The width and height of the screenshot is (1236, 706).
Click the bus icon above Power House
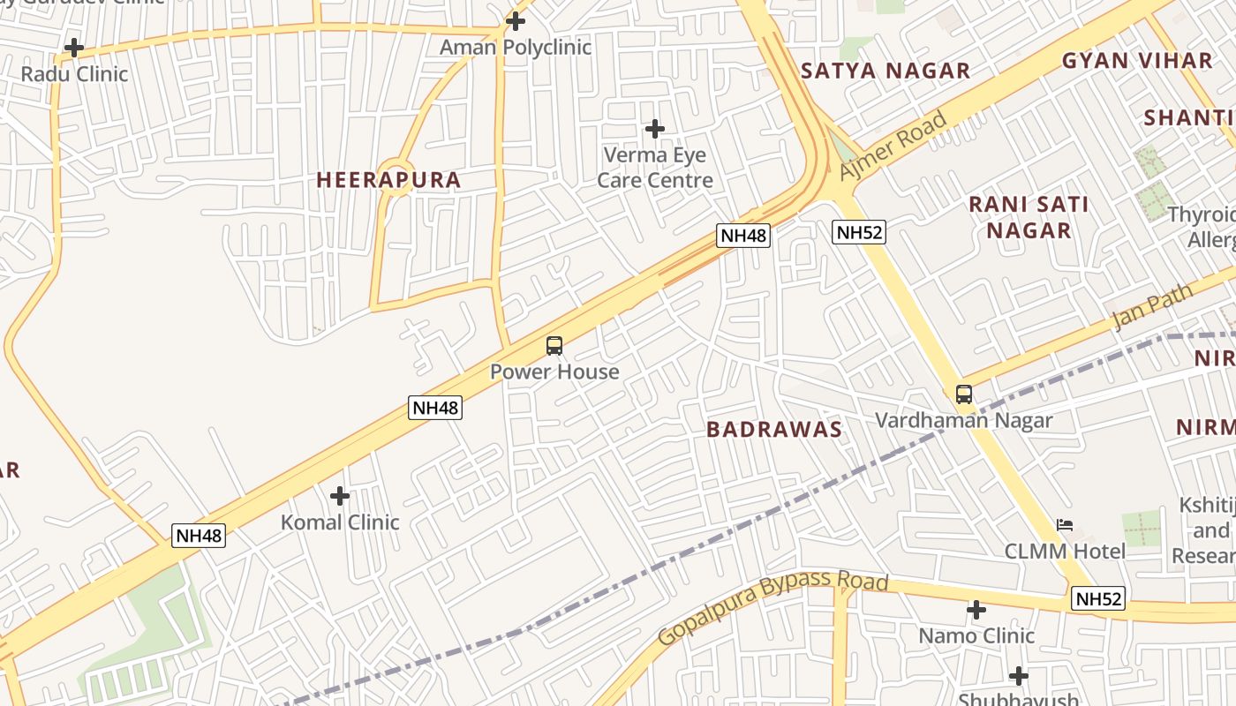point(554,346)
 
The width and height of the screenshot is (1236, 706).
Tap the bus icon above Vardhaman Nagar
point(964,394)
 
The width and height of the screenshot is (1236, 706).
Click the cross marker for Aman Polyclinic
point(516,20)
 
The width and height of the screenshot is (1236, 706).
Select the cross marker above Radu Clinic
point(74,47)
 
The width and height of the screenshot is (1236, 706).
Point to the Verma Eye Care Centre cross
point(654,129)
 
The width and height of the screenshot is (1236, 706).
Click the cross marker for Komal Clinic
point(339,496)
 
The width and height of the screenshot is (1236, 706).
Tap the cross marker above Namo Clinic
point(976,610)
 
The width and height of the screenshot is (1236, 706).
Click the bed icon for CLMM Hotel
point(1065,525)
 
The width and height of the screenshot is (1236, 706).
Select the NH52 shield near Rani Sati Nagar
point(858,232)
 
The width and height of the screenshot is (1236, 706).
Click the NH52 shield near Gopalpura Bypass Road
point(1099,599)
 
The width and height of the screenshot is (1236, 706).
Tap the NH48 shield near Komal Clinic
point(199,535)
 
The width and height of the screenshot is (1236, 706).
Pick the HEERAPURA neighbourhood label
point(388,180)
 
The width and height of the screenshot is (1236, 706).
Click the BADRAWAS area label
point(774,430)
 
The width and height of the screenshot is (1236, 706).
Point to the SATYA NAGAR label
point(885,71)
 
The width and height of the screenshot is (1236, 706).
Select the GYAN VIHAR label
point(1136,61)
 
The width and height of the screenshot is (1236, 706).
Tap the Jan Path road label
point(1152,306)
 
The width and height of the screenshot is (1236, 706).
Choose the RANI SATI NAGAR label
point(1029,217)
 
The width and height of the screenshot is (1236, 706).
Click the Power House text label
point(554,372)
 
